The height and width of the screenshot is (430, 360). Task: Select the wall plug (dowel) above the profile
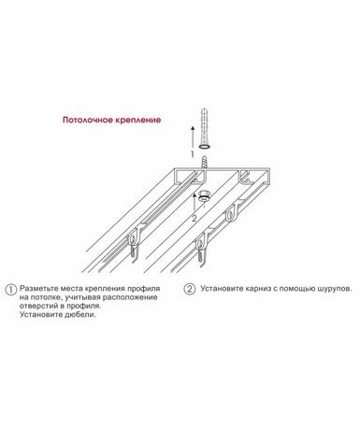(x=205, y=128)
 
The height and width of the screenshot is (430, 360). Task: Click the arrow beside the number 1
(x=193, y=137)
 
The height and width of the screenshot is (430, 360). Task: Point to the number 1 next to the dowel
(x=193, y=154)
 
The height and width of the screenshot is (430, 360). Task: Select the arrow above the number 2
(x=194, y=203)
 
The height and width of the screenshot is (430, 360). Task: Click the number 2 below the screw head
(x=194, y=219)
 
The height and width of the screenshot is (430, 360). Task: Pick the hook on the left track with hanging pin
(x=133, y=245)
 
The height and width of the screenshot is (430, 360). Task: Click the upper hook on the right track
(x=231, y=213)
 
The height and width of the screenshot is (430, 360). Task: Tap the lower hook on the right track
(x=202, y=248)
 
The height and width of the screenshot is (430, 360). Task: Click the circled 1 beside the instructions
(x=11, y=290)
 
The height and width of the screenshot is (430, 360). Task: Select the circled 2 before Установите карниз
(x=190, y=289)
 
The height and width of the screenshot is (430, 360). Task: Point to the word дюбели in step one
(x=79, y=314)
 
